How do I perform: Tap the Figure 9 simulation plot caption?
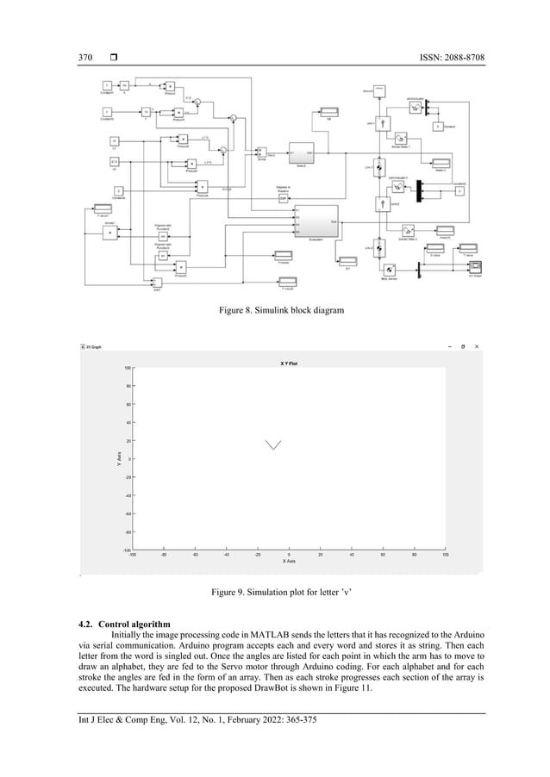274,594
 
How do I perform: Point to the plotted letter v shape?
273,444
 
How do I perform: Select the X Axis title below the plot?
289,561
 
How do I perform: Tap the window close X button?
478,346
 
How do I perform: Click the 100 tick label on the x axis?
445,554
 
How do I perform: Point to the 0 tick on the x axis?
288,554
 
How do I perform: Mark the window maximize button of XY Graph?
462,346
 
